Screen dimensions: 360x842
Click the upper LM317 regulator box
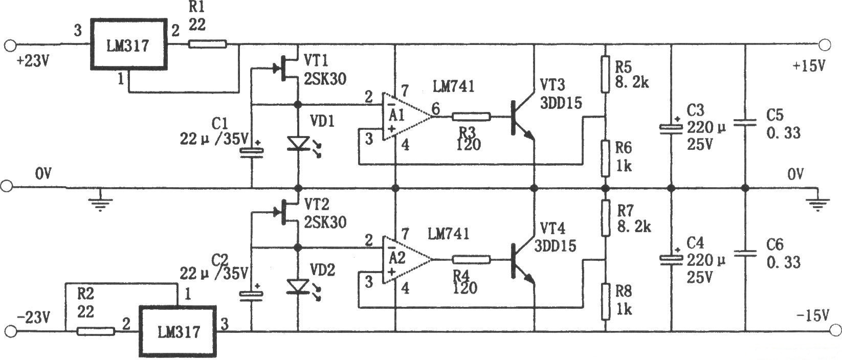129,44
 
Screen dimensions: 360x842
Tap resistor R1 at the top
207,44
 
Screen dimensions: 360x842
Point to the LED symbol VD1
298,143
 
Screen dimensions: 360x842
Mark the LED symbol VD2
298,286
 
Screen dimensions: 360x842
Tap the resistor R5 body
605,75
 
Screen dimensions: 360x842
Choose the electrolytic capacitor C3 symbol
671,128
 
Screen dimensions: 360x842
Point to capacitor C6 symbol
745,253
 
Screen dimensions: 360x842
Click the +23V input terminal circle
9,45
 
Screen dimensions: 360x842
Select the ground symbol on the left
101,202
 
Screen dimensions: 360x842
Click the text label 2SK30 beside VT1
325,79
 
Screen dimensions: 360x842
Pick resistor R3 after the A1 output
471,117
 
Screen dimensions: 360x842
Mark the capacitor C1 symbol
251,150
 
